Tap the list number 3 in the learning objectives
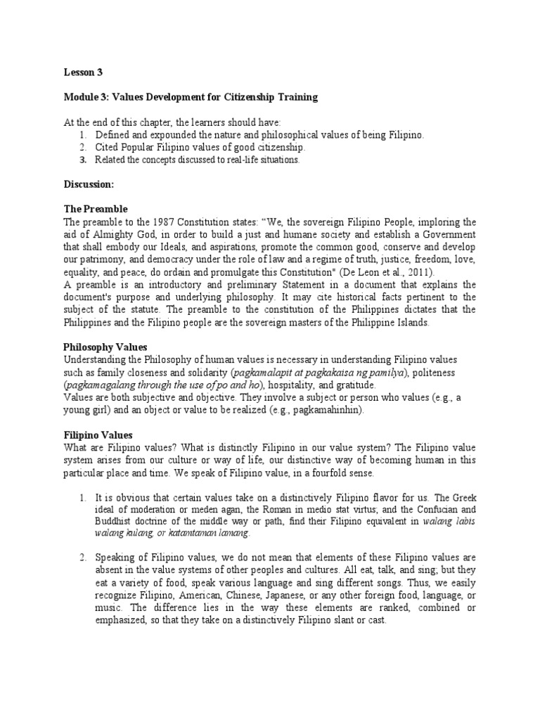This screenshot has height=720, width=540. point(82,160)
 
